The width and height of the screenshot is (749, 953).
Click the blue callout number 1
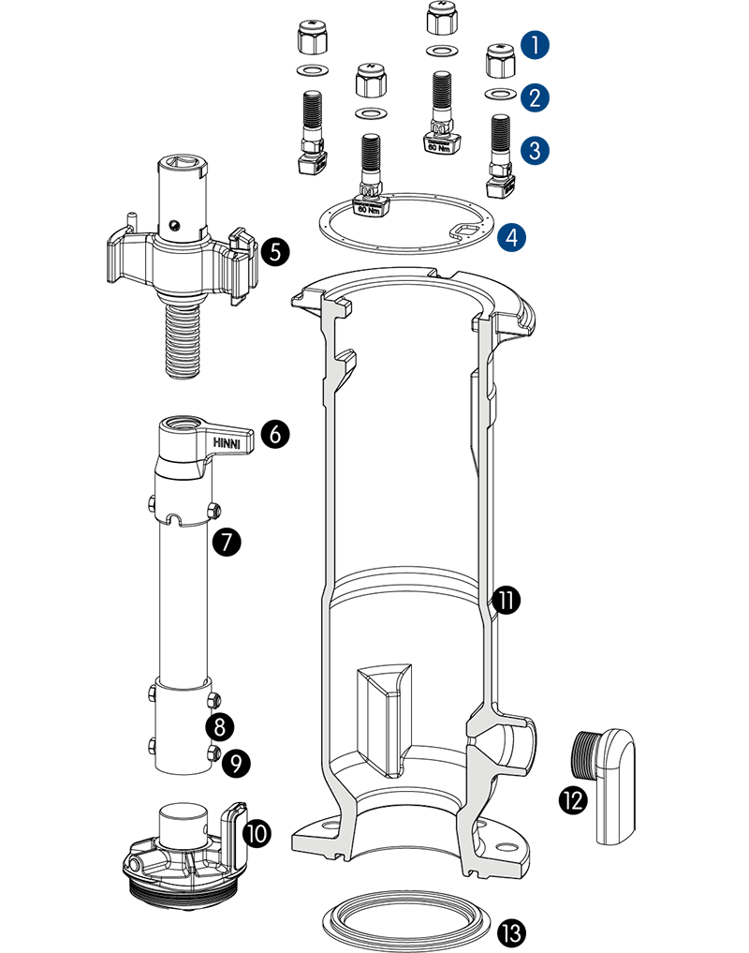[536, 44]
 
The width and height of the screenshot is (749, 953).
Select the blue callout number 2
[536, 97]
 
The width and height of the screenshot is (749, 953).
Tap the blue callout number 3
[536, 150]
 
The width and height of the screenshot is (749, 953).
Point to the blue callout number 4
[511, 238]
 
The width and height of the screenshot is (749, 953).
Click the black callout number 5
[275, 252]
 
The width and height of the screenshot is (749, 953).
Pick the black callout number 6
[275, 435]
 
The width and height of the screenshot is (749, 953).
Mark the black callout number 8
[222, 726]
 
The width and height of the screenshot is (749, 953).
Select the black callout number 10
[257, 832]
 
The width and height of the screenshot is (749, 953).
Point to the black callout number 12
[573, 799]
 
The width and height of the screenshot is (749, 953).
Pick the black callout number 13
[511, 933]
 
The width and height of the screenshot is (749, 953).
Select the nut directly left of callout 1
[497, 62]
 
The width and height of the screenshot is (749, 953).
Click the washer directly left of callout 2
[498, 94]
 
